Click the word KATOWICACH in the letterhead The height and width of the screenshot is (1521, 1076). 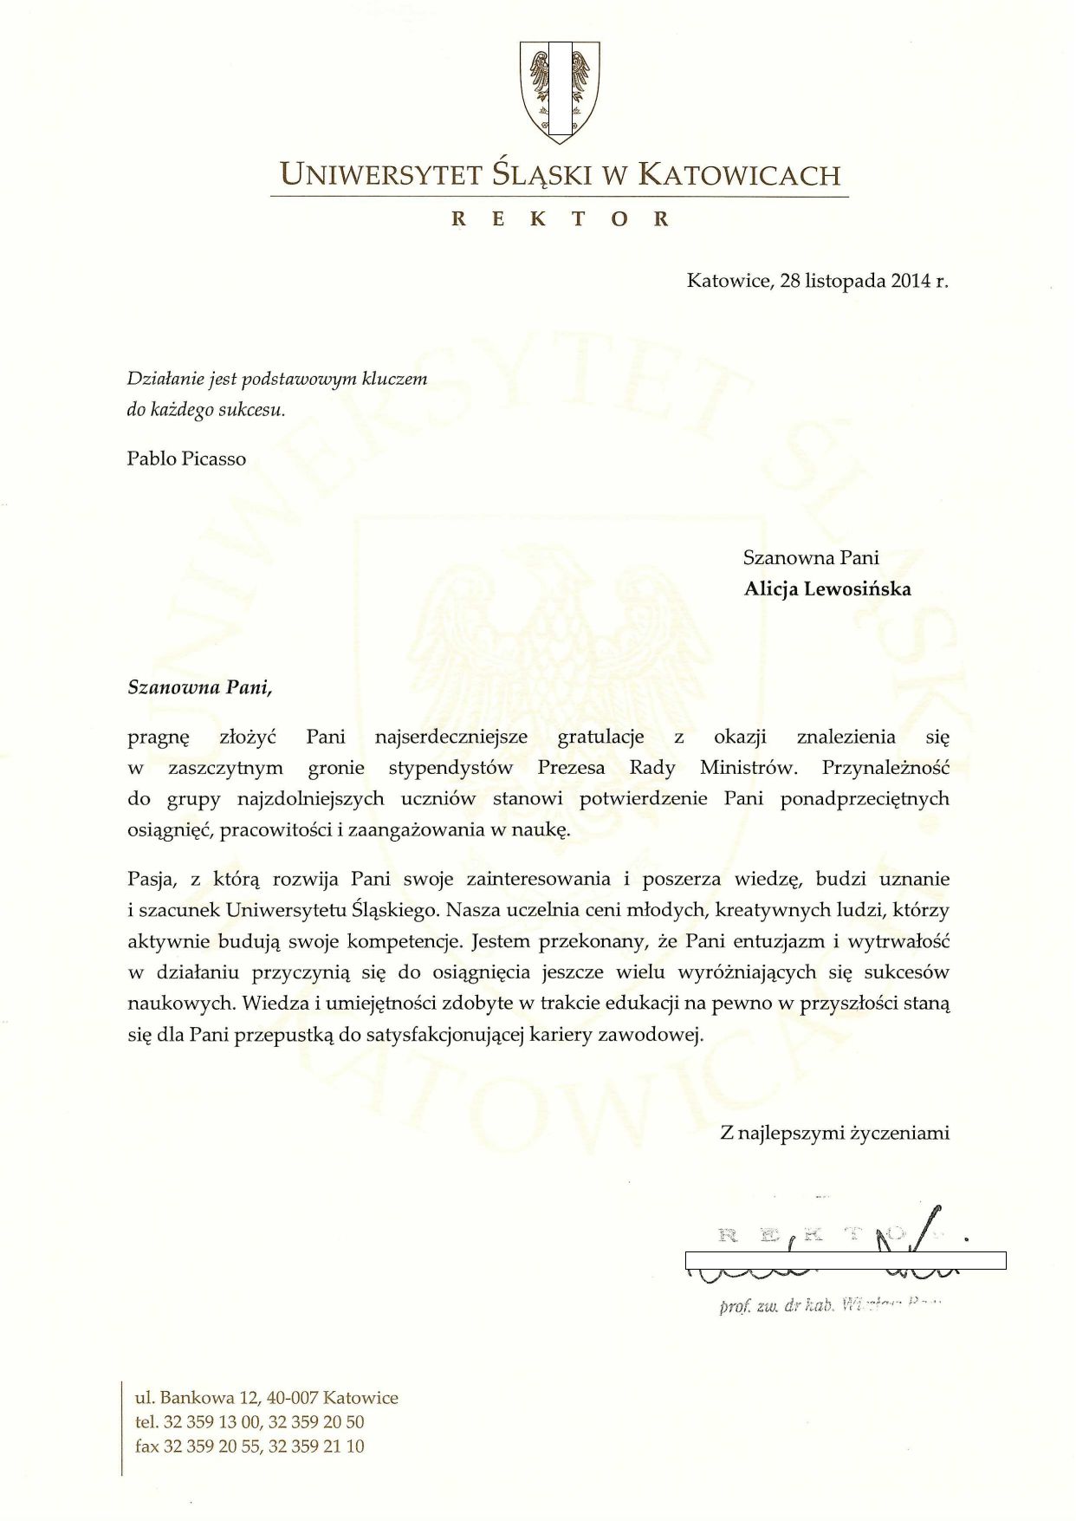739,175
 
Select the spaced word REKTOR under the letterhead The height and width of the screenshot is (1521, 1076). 560,219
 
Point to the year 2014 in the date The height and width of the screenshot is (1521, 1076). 910,281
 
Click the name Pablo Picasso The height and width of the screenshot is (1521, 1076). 186,458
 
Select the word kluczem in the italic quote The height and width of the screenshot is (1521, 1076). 394,379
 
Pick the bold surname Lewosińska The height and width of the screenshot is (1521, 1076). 858,589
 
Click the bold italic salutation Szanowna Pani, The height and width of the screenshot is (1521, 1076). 200,688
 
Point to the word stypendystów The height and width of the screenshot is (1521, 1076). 450,768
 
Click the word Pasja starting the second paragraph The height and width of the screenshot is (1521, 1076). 152,879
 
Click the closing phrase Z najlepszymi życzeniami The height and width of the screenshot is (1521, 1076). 834,1133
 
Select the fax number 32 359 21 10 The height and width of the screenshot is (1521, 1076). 316,1446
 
